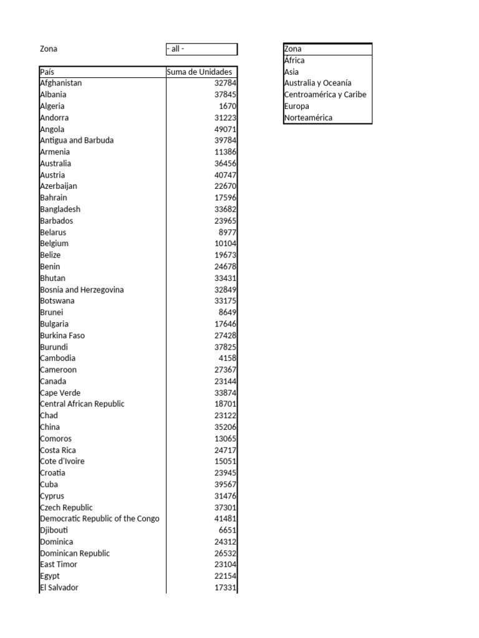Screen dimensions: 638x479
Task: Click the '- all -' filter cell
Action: pyautogui.click(x=201, y=49)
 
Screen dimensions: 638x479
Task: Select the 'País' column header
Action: pyautogui.click(x=47, y=72)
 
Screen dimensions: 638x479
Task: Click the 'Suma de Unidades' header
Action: pyautogui.click(x=200, y=72)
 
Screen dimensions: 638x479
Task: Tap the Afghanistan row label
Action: pyautogui.click(x=61, y=83)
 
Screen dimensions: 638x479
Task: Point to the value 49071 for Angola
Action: pyautogui.click(x=225, y=129)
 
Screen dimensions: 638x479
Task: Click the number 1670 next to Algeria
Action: pyautogui.click(x=228, y=106)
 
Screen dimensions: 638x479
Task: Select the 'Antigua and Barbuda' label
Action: pyautogui.click(x=77, y=140)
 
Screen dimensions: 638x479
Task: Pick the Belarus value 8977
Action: pyautogui.click(x=228, y=232)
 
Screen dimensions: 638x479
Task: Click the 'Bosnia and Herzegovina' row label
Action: pyautogui.click(x=82, y=289)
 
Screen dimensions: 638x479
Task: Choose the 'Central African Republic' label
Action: pyautogui.click(x=82, y=404)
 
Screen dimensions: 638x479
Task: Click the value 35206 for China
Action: pyautogui.click(x=225, y=427)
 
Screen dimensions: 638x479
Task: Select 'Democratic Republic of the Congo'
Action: pyautogui.click(x=100, y=518)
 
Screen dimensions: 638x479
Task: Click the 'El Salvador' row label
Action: pyautogui.click(x=59, y=588)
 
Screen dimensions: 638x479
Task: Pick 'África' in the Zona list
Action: pyautogui.click(x=294, y=60)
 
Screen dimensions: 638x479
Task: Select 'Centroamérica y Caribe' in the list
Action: pyautogui.click(x=325, y=95)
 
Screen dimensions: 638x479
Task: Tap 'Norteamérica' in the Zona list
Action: pyautogui.click(x=308, y=118)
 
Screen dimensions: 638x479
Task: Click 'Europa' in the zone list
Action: pyautogui.click(x=296, y=106)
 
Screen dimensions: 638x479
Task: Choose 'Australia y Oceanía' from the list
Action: pyautogui.click(x=317, y=83)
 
